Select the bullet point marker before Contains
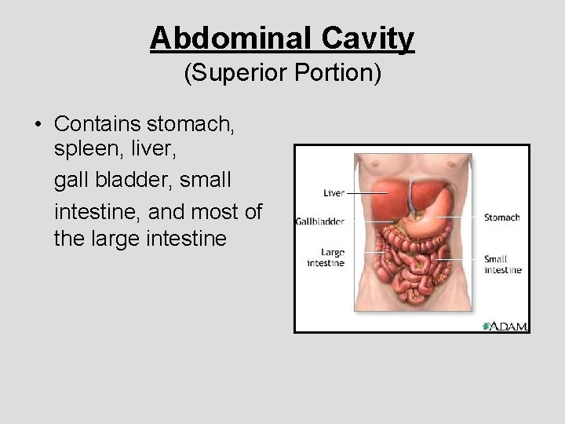click(x=37, y=125)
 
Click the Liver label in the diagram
click(x=334, y=192)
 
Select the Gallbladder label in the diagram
click(x=320, y=221)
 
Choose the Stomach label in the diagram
click(x=501, y=217)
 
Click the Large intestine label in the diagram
click(x=326, y=258)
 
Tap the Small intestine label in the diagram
click(x=502, y=265)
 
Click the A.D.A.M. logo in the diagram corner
click(x=505, y=326)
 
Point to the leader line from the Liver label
click(x=366, y=192)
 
